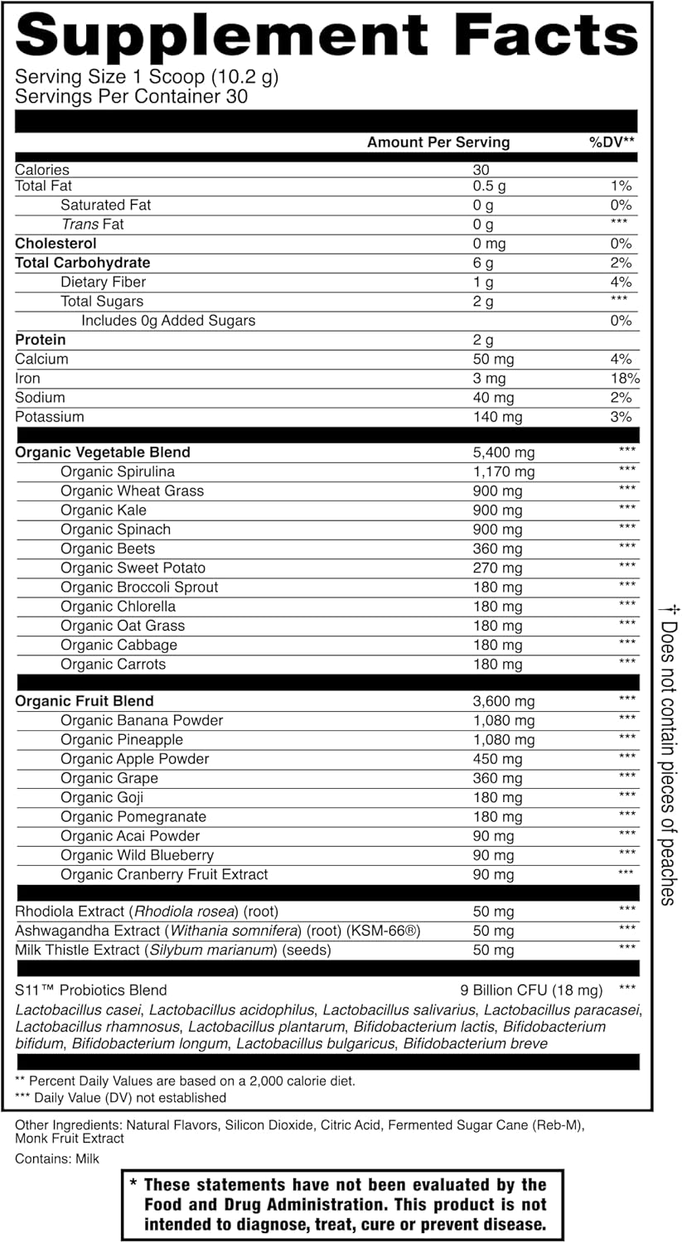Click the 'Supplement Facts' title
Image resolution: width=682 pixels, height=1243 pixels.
tap(326, 36)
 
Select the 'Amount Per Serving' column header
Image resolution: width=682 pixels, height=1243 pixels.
tap(438, 143)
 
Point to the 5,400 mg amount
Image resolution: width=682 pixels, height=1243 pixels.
tap(503, 452)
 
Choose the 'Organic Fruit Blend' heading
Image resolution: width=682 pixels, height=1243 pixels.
tap(85, 701)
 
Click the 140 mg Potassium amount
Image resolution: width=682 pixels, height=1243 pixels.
tap(497, 417)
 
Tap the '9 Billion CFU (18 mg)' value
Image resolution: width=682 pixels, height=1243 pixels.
tap(530, 989)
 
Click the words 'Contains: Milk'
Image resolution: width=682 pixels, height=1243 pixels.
tap(57, 1158)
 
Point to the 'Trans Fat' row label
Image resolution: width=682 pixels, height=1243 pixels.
tap(93, 225)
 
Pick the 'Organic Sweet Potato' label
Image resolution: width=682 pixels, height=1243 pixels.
tap(133, 568)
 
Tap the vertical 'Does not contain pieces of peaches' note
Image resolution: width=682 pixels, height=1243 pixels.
tap(669, 754)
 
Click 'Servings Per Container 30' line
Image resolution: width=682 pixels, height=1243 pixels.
tap(132, 96)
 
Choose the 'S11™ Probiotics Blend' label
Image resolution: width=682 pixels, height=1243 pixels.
tap(91, 989)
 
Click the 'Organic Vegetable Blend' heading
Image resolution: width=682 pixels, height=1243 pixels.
tap(103, 452)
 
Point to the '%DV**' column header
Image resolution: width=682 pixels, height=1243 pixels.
tap(612, 143)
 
